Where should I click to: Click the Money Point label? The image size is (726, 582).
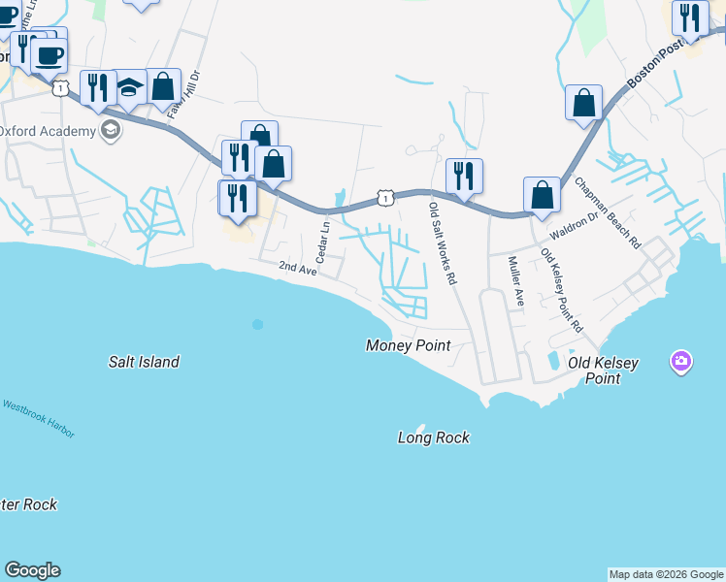pyautogui.click(x=408, y=346)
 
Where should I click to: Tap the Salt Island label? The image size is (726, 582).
pyautogui.click(x=143, y=362)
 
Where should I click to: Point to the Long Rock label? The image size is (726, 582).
pyautogui.click(x=433, y=437)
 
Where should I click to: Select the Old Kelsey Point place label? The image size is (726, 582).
pyautogui.click(x=603, y=371)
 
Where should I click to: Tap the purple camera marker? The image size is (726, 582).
pyautogui.click(x=681, y=363)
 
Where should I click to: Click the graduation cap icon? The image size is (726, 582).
pyautogui.click(x=129, y=87)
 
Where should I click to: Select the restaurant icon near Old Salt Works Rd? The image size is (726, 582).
pyautogui.click(x=464, y=176)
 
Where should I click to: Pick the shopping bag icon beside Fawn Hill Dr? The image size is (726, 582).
pyautogui.click(x=164, y=85)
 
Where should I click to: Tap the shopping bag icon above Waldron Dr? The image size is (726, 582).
pyautogui.click(x=542, y=194)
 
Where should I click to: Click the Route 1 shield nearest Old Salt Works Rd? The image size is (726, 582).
pyautogui.click(x=385, y=197)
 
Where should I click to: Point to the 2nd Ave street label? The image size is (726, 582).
pyautogui.click(x=299, y=268)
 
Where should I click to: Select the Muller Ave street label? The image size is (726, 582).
pyautogui.click(x=514, y=281)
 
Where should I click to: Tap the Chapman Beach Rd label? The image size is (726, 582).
pyautogui.click(x=608, y=211)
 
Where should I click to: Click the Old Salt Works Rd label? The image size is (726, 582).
pyautogui.click(x=442, y=243)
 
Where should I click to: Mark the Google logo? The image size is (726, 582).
pyautogui.click(x=32, y=570)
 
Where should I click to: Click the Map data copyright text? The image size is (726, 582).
pyautogui.click(x=665, y=574)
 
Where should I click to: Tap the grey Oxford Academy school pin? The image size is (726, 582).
pyautogui.click(x=111, y=130)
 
